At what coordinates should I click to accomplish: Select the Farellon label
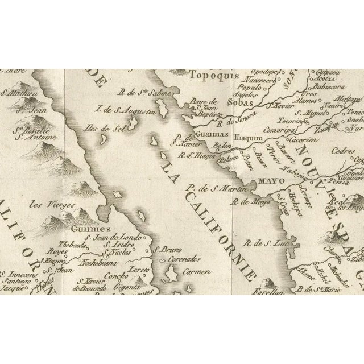click(274, 289)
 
